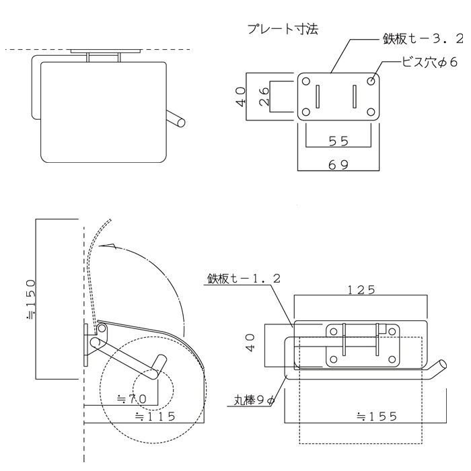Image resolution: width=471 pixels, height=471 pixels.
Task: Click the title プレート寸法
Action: click(283, 30)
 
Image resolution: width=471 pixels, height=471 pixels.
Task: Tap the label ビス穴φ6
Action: click(429, 63)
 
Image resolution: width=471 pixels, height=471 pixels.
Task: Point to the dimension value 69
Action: click(338, 164)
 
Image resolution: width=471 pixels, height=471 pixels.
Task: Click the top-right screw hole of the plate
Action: click(371, 81)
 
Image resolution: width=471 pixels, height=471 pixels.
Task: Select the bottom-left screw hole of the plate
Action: click(305, 112)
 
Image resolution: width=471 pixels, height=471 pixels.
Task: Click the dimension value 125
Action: click(361, 290)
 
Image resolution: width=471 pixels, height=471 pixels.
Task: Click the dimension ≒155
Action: click(376, 416)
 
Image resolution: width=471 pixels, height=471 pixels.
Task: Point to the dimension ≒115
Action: click(155, 416)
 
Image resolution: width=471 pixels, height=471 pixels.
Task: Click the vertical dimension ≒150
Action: click(31, 296)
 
